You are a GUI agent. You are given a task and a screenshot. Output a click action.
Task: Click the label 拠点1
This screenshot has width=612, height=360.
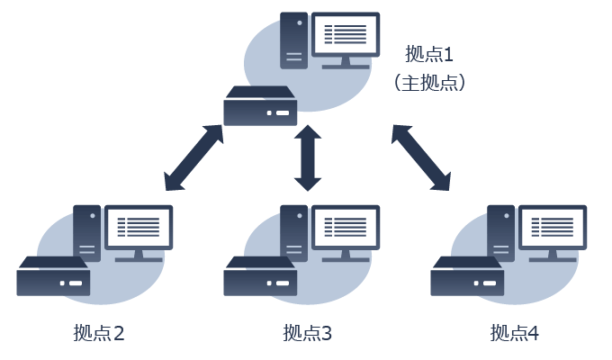[428, 55]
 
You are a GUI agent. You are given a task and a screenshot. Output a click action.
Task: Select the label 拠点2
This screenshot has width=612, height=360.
[99, 334]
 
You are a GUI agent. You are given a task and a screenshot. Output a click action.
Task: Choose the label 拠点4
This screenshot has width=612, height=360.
[515, 334]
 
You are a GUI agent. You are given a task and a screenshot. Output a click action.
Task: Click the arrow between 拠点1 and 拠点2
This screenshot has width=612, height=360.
[193, 157]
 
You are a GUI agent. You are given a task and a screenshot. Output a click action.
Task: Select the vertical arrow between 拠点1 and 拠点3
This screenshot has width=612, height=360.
[308, 157]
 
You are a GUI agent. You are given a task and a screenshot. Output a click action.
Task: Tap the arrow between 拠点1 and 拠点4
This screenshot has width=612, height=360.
[420, 157]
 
